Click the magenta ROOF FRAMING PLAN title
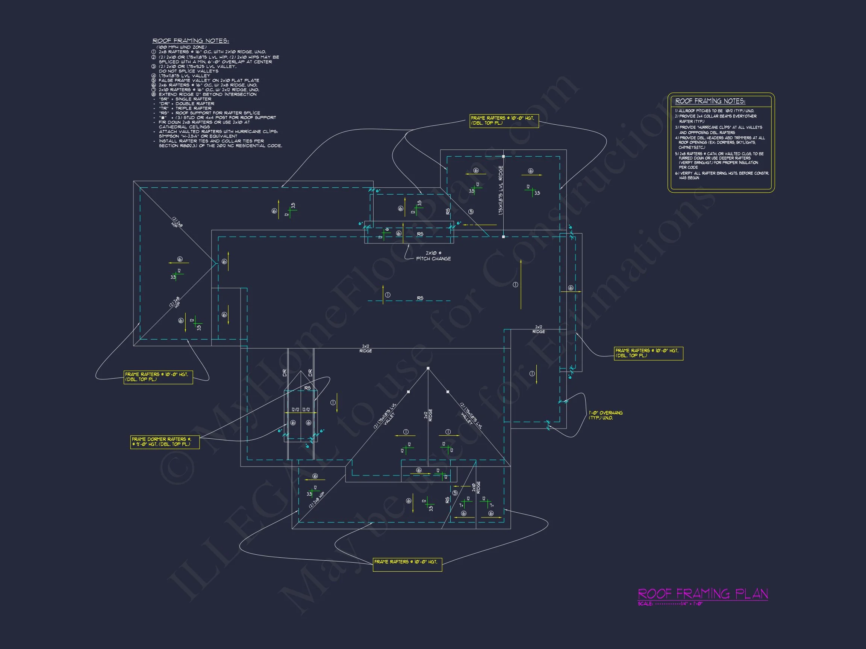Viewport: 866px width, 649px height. (703, 594)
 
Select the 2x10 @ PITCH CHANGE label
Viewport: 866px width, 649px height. (433, 256)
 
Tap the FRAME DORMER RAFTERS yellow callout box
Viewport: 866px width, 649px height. (165, 442)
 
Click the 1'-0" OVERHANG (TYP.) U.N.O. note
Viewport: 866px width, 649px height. (606, 415)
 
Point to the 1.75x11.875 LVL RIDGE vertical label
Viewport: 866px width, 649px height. (500, 190)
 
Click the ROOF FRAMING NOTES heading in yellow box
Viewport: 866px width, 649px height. (710, 101)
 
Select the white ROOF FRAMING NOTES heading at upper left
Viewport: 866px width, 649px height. (191, 41)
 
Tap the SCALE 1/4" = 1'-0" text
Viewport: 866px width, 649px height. (670, 604)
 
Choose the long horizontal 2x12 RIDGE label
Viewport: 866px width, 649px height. (365, 349)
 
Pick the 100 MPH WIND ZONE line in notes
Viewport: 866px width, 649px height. (181, 47)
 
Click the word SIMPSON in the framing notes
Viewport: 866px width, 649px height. (169, 136)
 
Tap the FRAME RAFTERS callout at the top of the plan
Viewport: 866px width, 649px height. (504, 121)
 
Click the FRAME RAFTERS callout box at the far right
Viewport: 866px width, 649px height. (648, 353)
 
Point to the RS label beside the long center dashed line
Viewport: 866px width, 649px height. (420, 298)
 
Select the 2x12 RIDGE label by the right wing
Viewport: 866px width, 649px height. (539, 329)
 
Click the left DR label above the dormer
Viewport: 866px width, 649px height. (285, 373)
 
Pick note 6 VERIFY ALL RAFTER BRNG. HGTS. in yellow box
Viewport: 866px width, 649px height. (722, 175)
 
